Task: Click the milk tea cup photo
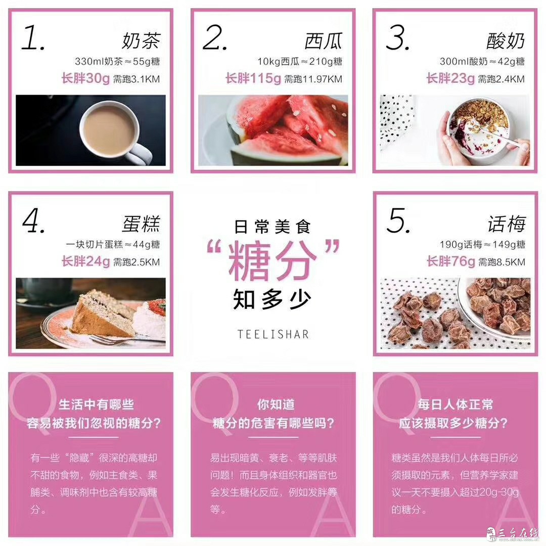pos(90,130)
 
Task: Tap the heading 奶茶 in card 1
pos(141,40)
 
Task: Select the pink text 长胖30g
pos(85,78)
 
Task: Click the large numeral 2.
pos(214,37)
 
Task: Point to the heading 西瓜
pos(324,41)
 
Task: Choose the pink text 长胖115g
pos(253,78)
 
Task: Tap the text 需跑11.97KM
pos(313,79)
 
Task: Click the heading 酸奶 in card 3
pos(506,41)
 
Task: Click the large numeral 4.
pos(33,220)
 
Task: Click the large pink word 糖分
pos(272,260)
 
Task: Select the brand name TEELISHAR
pos(273,334)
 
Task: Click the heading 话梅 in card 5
pos(507,223)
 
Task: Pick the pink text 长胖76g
pos(451,261)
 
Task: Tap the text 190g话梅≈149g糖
pos(482,245)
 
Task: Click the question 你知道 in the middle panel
pos(276,404)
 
